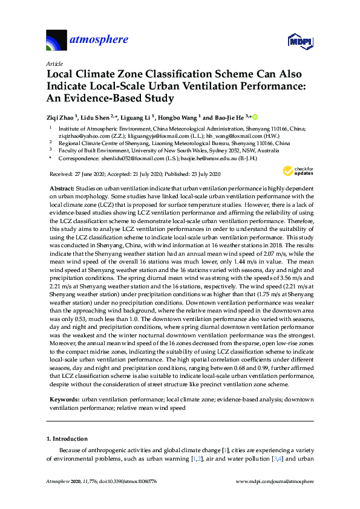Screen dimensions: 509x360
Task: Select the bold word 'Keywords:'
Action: [x=63, y=400]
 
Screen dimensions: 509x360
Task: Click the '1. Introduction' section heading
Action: [x=67, y=439]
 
